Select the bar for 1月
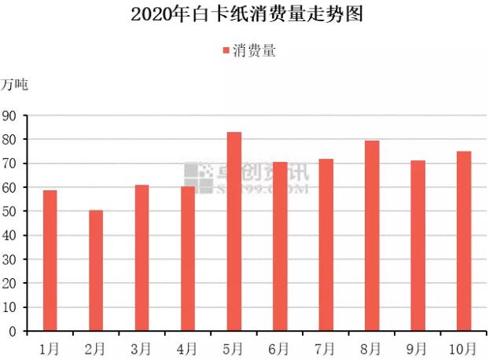click(50, 260)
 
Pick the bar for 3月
click(142, 258)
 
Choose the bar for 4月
click(188, 259)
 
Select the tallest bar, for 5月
click(234, 231)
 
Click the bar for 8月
click(372, 236)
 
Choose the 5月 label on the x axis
click(233, 347)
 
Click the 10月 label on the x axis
click(463, 347)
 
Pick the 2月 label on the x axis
click(95, 347)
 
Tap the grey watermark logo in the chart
click(198, 178)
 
